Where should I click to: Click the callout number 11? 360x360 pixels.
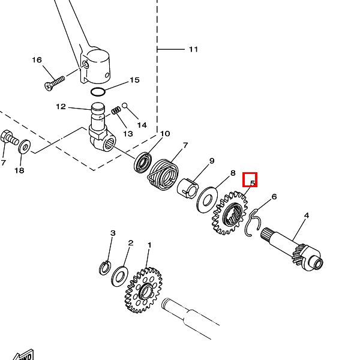(x=193, y=49)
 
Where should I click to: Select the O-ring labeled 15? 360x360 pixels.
(x=98, y=92)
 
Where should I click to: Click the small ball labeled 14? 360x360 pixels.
(x=125, y=106)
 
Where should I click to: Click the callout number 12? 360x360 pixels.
(x=61, y=107)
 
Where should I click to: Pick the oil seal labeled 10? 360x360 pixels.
(x=144, y=163)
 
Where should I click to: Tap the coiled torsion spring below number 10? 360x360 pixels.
(x=163, y=172)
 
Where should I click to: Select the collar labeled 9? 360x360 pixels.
(x=188, y=186)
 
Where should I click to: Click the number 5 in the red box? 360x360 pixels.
(x=250, y=180)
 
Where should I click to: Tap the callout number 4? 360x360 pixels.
(x=306, y=215)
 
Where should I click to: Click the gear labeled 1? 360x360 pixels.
(x=143, y=290)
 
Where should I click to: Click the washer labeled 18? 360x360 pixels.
(x=25, y=147)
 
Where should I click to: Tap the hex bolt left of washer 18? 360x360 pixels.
(x=9, y=139)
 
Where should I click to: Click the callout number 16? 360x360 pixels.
(x=37, y=60)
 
